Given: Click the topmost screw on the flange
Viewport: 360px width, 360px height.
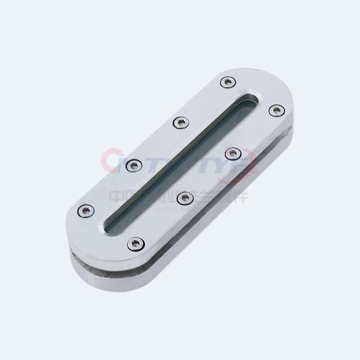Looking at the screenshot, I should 228,82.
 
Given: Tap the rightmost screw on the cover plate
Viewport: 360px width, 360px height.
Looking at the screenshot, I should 277,110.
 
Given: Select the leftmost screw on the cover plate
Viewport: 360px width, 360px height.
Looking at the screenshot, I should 86,210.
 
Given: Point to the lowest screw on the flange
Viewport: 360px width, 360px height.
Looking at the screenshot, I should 135,244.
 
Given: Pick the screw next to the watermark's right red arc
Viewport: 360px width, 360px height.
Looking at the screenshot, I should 233,154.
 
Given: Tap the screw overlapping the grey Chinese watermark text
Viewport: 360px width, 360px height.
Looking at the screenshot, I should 184,198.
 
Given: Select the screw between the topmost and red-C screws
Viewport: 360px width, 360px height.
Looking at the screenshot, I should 181,122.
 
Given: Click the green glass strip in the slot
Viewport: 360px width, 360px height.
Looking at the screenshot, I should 180,162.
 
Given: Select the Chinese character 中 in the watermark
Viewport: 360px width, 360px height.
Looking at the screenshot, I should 117,197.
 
